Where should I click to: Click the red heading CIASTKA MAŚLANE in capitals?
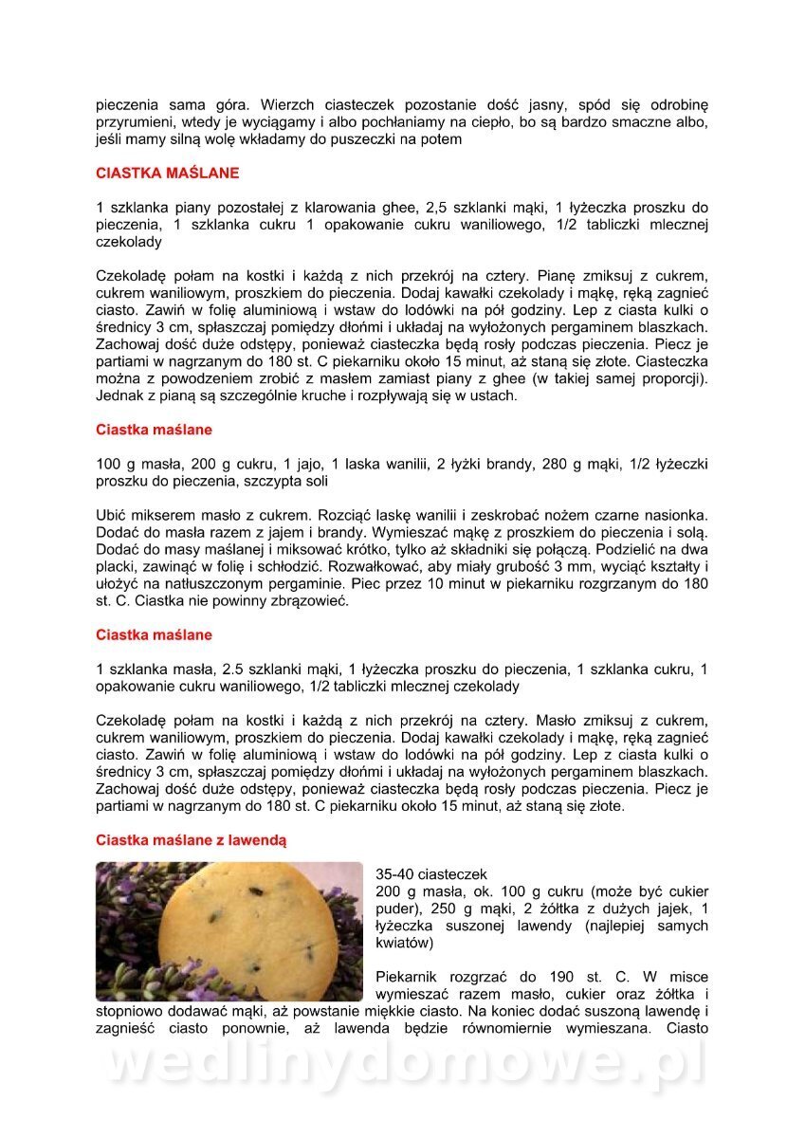tap(168, 174)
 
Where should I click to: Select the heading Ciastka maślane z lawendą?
tap(191, 840)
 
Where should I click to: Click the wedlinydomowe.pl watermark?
tap(403, 1065)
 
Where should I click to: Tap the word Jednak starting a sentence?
tap(119, 395)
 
